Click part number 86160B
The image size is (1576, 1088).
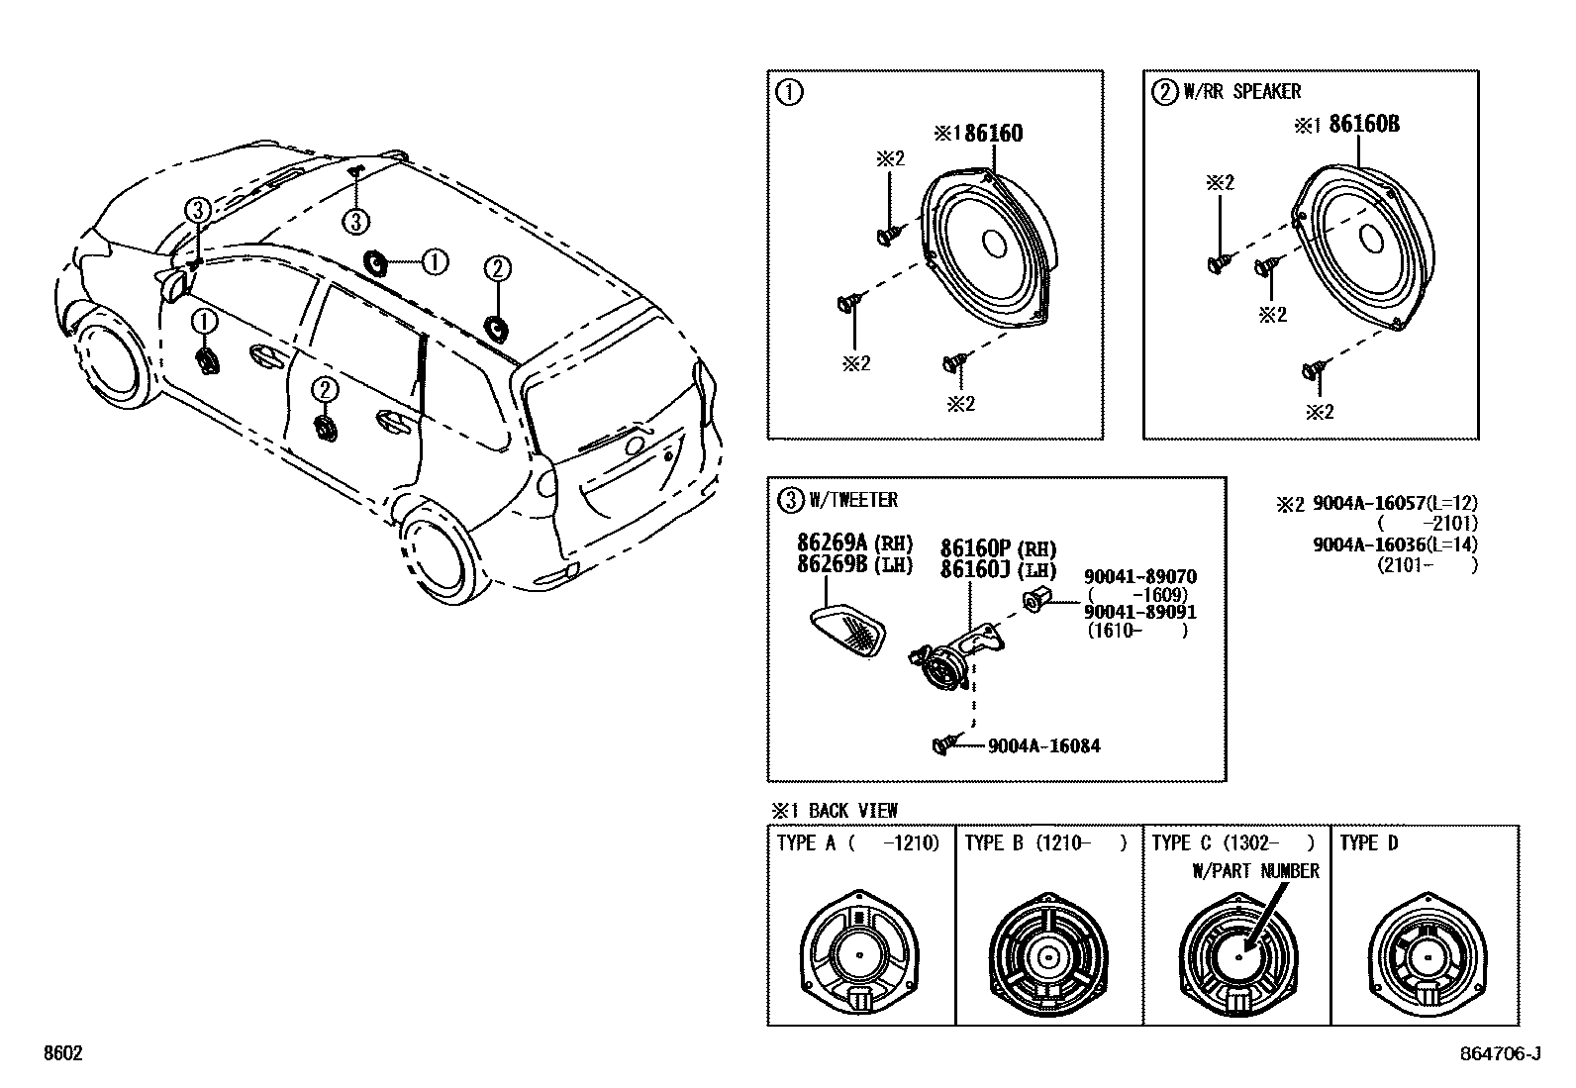(1363, 124)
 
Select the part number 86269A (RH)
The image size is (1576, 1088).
(854, 544)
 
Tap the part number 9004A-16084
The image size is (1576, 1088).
(1043, 745)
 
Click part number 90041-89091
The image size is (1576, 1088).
(1139, 612)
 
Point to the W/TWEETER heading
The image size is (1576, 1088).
(852, 500)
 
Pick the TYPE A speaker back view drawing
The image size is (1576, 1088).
(858, 957)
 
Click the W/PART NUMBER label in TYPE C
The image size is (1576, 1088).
(1254, 871)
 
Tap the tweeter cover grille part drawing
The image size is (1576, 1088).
(847, 631)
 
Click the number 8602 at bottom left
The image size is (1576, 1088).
(61, 1054)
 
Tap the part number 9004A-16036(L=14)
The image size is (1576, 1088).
(1394, 544)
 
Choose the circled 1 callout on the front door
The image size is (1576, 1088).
(203, 321)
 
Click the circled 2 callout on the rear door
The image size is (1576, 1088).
(324, 390)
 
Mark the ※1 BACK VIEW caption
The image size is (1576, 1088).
(834, 810)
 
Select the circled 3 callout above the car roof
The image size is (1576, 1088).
(356, 221)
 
